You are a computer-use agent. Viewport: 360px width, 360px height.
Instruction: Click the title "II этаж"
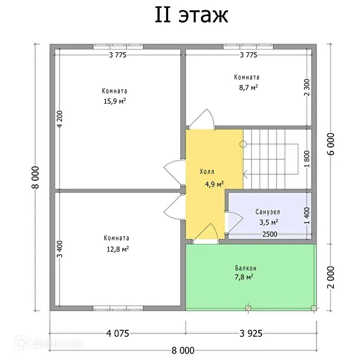[x=191, y=15]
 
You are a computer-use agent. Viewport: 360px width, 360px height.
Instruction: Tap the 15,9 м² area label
[x=115, y=101]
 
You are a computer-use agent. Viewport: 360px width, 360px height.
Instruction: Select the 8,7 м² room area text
[x=249, y=88]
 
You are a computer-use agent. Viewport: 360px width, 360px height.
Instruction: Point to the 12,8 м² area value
[x=118, y=249]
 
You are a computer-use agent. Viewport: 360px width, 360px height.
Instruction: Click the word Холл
[x=207, y=171]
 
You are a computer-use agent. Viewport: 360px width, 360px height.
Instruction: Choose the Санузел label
[x=268, y=212]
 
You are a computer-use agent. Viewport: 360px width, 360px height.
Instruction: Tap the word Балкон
[x=245, y=268]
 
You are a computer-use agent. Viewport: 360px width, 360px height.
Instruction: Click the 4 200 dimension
[x=60, y=119]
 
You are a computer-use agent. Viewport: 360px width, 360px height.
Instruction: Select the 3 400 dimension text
[x=60, y=249]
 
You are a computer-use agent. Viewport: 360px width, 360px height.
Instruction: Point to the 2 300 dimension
[x=307, y=88]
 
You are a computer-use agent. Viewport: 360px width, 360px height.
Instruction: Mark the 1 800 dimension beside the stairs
[x=307, y=159]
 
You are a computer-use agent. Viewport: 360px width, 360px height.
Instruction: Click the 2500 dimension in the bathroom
[x=270, y=234]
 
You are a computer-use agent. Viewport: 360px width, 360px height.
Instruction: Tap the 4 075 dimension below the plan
[x=118, y=334]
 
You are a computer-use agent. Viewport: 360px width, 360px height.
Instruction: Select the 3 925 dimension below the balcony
[x=251, y=334]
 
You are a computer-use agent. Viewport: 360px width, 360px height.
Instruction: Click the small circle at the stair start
[x=243, y=144]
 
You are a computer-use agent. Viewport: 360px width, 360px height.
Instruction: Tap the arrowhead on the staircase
[x=245, y=175]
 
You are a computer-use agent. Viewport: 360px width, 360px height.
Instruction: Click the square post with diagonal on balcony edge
[x=248, y=308]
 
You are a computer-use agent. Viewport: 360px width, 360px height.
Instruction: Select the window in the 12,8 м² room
[x=118, y=308]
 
